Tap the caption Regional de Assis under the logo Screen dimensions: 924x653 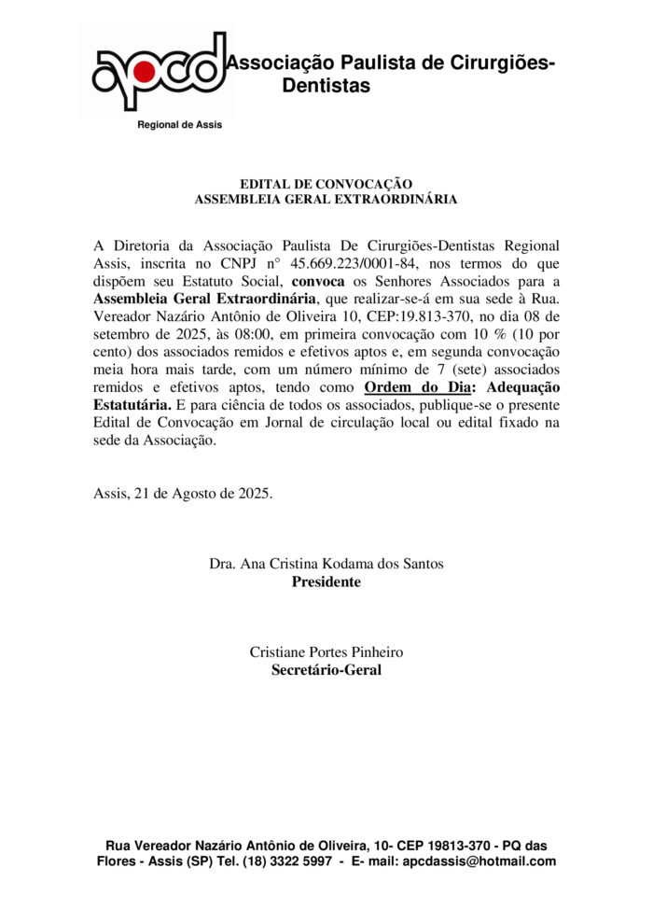pos(180,125)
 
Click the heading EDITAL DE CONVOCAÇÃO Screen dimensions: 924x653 pos(326,184)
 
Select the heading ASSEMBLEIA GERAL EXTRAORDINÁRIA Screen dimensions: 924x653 pos(326,199)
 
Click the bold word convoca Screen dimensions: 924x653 pos(318,280)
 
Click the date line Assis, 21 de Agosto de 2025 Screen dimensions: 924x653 pos(184,494)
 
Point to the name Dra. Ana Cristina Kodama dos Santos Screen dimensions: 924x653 pos(326,564)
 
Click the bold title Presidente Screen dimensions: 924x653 pos(326,581)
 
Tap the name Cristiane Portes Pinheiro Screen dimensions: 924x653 pos(326,651)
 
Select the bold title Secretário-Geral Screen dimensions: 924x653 pos(326,669)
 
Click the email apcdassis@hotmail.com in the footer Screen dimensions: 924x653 pos(479,861)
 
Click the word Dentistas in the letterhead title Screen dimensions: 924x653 pos(326,86)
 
